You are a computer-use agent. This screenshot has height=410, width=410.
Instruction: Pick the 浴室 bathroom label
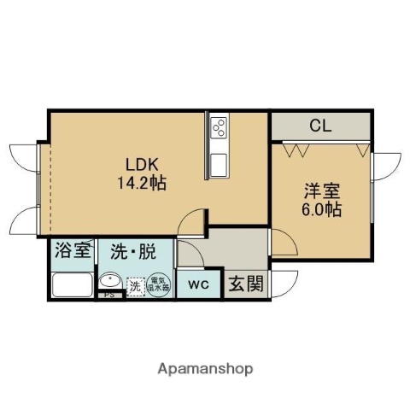pos(72,251)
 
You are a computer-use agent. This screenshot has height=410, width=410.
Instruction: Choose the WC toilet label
pos(197,284)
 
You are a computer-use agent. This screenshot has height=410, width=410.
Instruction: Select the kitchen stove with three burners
pos(216,129)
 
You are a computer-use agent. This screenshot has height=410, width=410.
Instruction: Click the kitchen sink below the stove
pos(216,161)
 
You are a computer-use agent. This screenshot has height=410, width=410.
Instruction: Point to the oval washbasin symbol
pos(110,283)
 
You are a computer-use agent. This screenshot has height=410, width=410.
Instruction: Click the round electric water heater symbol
pos(160,283)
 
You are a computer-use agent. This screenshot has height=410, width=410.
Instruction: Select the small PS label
pos(109,296)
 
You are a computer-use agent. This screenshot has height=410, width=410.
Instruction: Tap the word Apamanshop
pos(206,369)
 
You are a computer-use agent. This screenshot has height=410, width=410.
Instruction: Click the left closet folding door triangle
pos(300,150)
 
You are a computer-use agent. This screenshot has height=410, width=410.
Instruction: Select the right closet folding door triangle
pos(363,150)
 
